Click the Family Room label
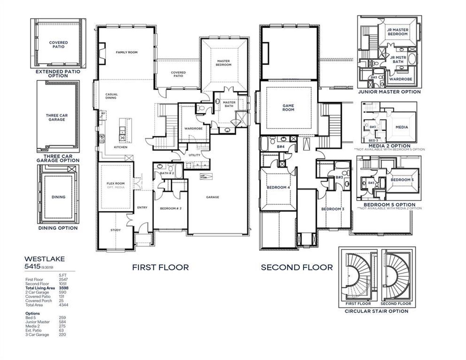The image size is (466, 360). tap(126, 52)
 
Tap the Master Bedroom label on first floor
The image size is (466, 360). tap(224, 63)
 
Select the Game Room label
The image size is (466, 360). tap(288, 107)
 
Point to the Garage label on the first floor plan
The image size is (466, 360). tap(213, 197)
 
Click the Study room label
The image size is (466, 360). tap(115, 230)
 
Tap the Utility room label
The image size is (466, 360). tap(194, 155)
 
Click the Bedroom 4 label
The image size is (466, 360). tap(278, 187)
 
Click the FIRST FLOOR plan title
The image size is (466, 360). tap(160, 268)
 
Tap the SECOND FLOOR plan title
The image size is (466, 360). tap(297, 268)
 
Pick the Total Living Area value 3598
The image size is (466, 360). tap(63, 288)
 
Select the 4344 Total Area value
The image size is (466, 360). tap(63, 305)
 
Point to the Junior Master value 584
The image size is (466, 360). tap(62, 322)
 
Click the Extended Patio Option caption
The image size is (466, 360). tap(58, 74)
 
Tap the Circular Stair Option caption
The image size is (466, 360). tap(376, 311)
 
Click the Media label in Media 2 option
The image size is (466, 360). tap(402, 127)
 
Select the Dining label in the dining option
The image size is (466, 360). tap(58, 197)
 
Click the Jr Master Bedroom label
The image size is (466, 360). tap(397, 32)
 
